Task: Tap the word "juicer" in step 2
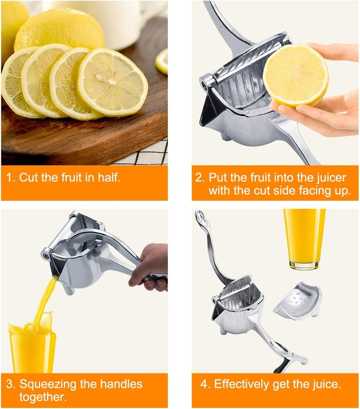(331, 177)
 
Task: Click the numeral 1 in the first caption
(9, 177)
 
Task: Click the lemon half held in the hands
(296, 76)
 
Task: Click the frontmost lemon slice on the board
(112, 82)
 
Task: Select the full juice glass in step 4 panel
(304, 239)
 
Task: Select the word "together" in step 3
(42, 397)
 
